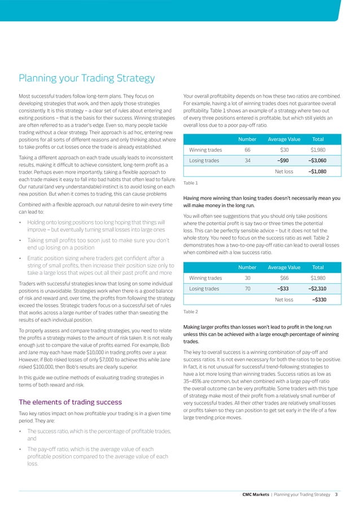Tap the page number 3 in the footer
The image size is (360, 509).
[x=336, y=494]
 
